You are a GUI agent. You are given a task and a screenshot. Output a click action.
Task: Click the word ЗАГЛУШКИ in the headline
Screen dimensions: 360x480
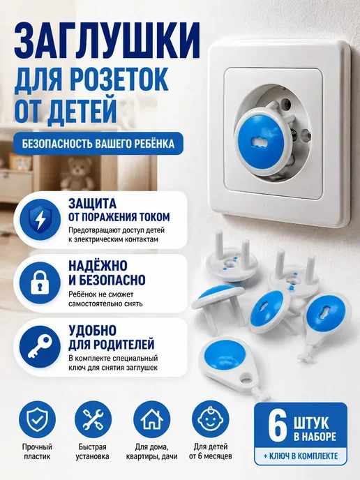coord(107,40)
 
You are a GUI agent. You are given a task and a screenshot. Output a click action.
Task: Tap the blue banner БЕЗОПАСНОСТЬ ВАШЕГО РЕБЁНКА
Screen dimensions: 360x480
coord(98,144)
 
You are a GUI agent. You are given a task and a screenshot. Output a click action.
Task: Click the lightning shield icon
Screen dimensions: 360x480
coord(40,220)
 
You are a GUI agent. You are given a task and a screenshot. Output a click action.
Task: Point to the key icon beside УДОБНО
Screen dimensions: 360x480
coord(40,347)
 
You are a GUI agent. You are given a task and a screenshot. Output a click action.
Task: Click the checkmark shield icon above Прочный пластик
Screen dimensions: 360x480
coord(38,419)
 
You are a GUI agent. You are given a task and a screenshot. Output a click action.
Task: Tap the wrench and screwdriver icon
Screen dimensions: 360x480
coord(93,419)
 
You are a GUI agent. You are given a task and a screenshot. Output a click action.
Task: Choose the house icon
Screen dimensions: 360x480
coord(152,419)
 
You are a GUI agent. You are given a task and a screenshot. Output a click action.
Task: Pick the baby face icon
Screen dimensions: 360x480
coord(210,419)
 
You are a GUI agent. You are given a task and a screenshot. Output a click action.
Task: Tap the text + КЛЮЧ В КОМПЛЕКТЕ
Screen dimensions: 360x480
coord(301,456)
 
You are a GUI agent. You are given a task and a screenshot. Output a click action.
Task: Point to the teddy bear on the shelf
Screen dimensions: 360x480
coord(77,174)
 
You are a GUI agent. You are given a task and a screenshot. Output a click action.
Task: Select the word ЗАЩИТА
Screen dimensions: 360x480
coord(92,204)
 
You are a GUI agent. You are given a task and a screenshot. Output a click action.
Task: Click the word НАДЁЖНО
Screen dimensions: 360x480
coord(98,266)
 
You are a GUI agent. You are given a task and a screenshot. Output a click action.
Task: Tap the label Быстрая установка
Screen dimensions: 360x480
coord(93,451)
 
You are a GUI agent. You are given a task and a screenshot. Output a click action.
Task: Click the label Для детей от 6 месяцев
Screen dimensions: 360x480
coord(210,451)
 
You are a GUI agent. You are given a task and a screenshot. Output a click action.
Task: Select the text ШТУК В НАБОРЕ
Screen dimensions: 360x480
coord(315,430)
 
